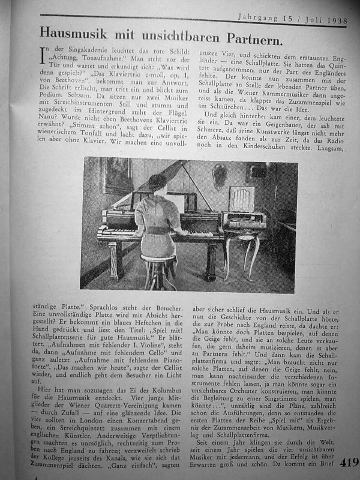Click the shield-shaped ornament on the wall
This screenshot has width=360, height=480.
tap(220, 175)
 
